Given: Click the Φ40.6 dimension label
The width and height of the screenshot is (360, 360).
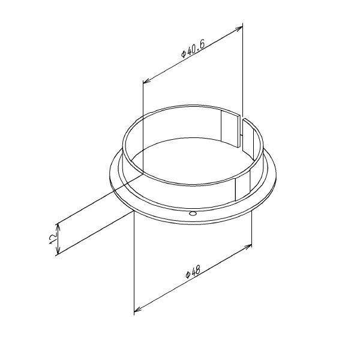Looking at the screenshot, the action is click(193, 49).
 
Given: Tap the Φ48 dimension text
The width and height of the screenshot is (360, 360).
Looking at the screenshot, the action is click(193, 271).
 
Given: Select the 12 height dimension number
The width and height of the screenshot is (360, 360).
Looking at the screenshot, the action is click(53, 239).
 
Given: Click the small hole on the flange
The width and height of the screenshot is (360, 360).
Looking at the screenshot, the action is click(193, 214).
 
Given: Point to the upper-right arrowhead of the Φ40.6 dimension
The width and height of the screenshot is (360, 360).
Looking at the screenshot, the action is click(239, 28).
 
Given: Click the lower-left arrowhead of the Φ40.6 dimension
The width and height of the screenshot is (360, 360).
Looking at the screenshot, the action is click(146, 80).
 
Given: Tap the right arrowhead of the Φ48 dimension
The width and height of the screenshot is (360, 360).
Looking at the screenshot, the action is click(248, 247).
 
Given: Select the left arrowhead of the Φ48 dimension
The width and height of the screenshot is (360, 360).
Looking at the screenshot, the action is click(137, 309).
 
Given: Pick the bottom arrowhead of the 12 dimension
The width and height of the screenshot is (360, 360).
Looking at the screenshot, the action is click(58, 250).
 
